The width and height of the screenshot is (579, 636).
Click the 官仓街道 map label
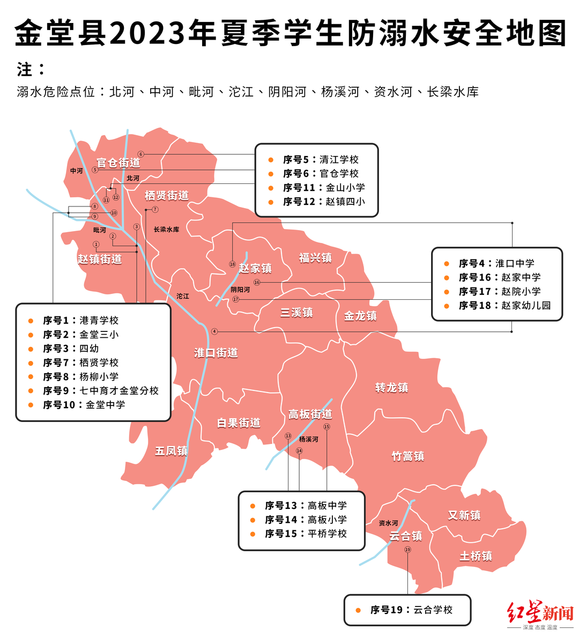(118, 162)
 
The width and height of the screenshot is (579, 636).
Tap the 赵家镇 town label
(255, 268)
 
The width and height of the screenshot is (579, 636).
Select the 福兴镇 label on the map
(315, 258)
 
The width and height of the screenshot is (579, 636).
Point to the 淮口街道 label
(216, 353)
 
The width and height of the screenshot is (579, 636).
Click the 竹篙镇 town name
(407, 456)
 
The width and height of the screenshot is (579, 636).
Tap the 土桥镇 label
(476, 556)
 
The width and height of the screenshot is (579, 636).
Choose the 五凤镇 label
(171, 451)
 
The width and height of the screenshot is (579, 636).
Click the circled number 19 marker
(407, 550)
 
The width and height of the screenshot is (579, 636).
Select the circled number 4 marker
(214, 331)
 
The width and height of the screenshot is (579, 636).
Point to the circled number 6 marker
(141, 154)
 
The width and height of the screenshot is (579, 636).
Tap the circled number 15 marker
(326, 427)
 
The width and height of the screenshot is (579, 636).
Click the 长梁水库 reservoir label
(166, 230)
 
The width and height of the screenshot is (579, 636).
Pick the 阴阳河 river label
(240, 290)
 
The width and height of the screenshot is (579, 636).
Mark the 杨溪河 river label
(308, 439)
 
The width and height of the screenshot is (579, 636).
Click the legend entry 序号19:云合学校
(411, 610)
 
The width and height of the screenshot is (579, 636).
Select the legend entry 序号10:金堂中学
(84, 405)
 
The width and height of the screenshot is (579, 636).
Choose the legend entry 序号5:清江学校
(321, 160)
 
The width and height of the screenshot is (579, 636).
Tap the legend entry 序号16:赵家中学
(499, 278)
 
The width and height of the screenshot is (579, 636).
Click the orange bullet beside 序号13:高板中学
(253, 506)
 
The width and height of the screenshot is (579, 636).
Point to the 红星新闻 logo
(540, 615)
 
